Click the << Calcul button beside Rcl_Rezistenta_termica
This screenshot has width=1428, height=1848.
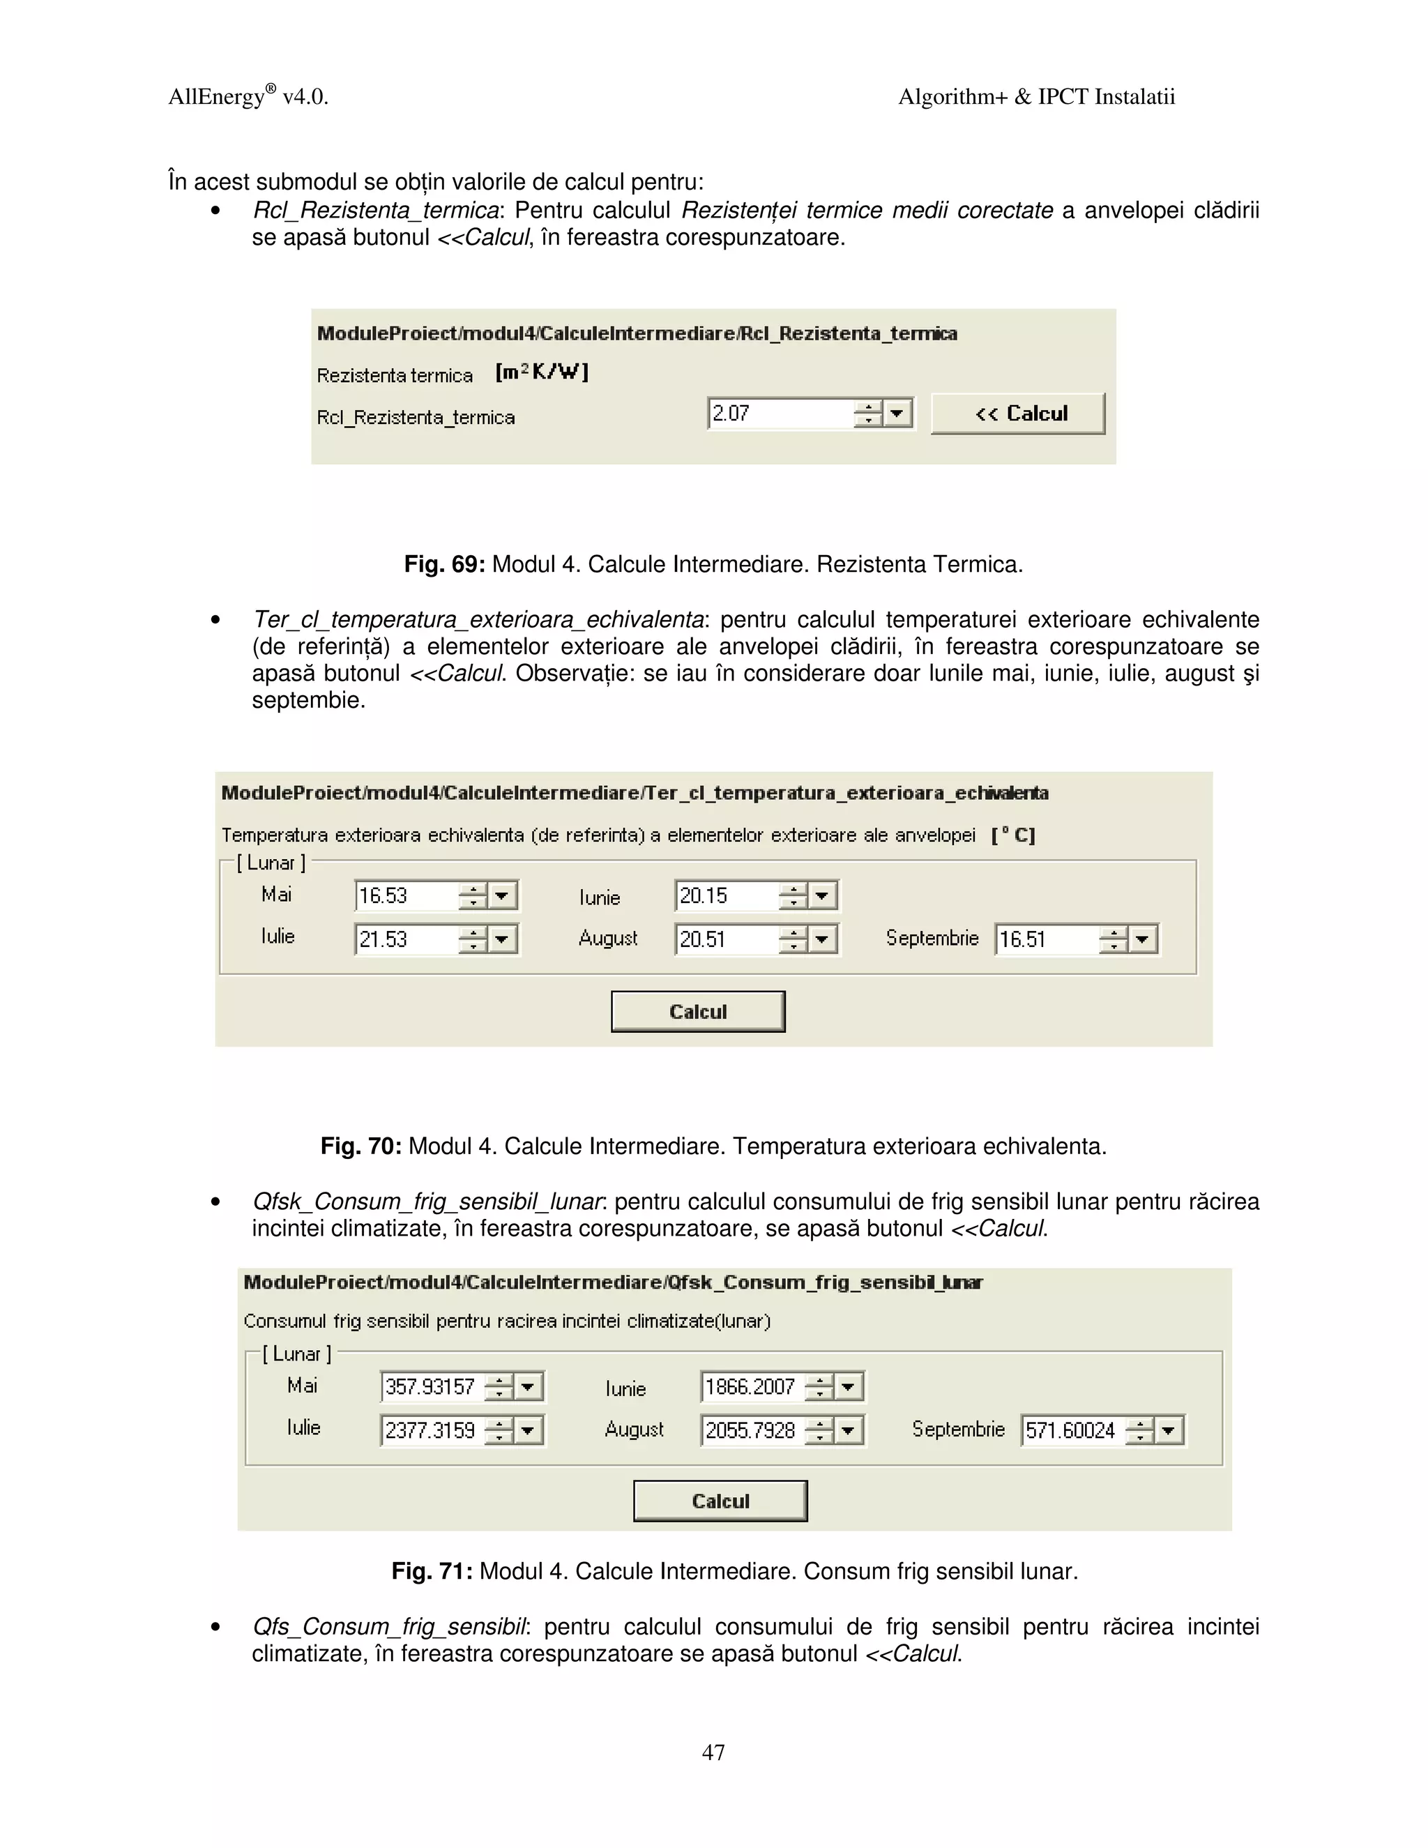(1018, 414)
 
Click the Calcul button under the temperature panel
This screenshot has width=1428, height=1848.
(698, 1011)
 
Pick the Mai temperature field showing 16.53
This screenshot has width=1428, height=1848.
(405, 895)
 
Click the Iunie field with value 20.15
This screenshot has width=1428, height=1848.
(726, 895)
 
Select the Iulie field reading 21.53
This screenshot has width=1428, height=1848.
(405, 939)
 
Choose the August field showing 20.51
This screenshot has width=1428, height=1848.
(726, 939)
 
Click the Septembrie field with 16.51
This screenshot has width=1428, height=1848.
(1047, 939)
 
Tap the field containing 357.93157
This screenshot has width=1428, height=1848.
(432, 1386)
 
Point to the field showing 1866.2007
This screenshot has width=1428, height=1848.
(751, 1386)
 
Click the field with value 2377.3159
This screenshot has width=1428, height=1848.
(432, 1430)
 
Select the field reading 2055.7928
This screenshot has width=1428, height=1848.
(751, 1430)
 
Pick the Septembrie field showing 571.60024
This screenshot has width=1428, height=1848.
(1072, 1430)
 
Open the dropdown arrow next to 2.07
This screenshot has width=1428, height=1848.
(897, 414)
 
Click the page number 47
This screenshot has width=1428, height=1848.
(713, 1752)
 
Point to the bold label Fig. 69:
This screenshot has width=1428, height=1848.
(444, 564)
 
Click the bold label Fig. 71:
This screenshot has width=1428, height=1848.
(432, 1571)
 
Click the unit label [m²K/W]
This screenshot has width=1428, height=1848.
(541, 372)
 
